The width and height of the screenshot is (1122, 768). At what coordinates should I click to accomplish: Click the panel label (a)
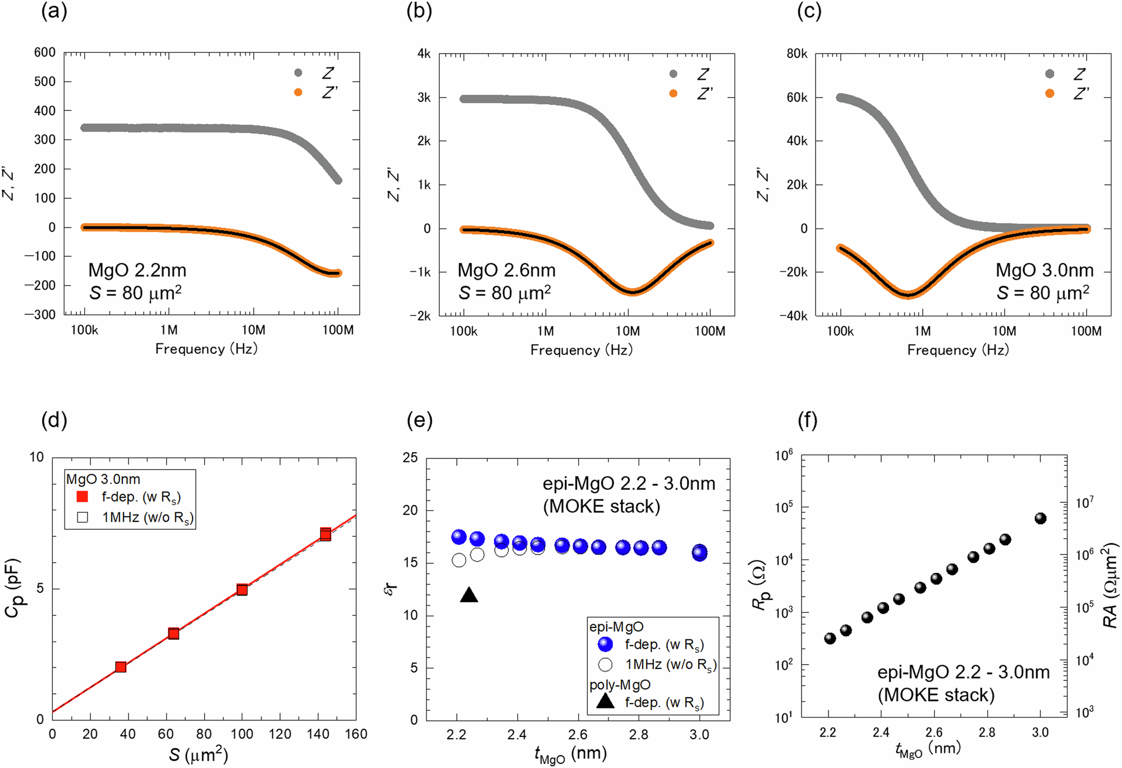(x=54, y=11)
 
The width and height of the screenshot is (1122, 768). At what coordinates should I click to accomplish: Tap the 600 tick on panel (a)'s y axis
(x=44, y=52)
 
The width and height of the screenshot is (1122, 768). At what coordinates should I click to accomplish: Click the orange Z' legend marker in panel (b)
(x=673, y=93)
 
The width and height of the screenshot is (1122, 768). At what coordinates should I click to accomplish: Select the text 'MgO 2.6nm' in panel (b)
(x=506, y=270)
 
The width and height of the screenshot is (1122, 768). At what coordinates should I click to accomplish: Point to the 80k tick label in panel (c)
(x=796, y=54)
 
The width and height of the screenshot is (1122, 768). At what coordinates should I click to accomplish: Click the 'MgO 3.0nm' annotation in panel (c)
(x=1044, y=270)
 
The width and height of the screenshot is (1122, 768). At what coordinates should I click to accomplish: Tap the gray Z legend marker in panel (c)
(x=1049, y=74)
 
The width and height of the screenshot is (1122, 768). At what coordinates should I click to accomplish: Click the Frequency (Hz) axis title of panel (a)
(x=207, y=349)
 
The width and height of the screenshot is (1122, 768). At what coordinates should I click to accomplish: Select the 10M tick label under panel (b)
(x=628, y=331)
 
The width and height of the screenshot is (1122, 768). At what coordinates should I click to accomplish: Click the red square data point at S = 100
(x=242, y=589)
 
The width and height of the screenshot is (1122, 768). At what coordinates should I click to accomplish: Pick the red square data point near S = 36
(x=120, y=667)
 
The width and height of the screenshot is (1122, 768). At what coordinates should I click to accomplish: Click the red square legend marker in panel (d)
(x=83, y=497)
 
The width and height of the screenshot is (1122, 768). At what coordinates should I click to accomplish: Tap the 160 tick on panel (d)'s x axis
(x=356, y=734)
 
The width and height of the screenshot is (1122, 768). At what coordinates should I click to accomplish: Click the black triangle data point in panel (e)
(x=469, y=596)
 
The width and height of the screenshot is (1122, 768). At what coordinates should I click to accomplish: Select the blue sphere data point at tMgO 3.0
(x=699, y=552)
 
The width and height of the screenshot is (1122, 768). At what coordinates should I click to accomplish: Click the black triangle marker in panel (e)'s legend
(x=605, y=701)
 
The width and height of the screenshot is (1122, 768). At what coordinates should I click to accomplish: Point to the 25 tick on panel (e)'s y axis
(x=410, y=458)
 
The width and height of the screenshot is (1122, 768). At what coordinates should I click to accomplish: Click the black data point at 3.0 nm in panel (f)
(x=1040, y=518)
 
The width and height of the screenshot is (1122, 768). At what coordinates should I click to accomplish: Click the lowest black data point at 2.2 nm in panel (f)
(x=830, y=638)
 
